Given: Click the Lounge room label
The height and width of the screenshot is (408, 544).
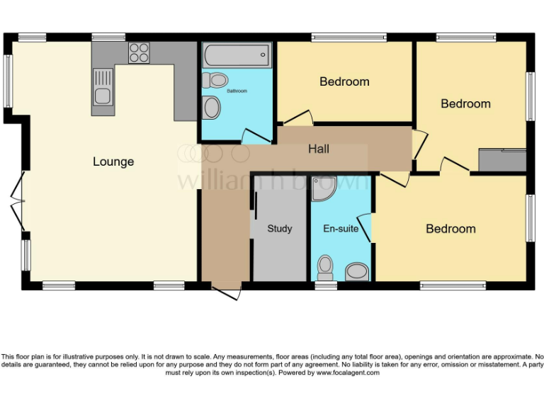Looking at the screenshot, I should point(113,161).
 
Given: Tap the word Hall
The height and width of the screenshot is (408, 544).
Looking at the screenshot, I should point(319,149).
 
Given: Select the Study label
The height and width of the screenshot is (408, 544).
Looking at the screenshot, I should point(280,229).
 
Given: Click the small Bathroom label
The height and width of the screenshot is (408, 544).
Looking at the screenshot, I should point(237,91).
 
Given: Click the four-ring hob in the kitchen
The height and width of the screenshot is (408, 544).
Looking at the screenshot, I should point(140,52).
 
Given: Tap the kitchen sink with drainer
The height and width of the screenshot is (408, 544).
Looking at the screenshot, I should point(103,88).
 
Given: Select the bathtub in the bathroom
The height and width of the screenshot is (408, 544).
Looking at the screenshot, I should point(237,54).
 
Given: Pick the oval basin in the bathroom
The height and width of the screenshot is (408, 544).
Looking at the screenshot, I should point(211,108).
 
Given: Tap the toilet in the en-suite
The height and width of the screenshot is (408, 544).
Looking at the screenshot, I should point(325,268).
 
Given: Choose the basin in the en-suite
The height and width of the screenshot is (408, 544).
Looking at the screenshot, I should point(357,272).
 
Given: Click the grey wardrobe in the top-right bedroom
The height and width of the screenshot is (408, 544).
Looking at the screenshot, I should point(502,160).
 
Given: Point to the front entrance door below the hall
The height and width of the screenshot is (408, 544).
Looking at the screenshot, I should point(227,291).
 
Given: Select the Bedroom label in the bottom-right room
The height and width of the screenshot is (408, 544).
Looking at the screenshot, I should point(450,229).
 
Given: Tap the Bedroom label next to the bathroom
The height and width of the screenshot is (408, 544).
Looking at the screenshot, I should point(344,81).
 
